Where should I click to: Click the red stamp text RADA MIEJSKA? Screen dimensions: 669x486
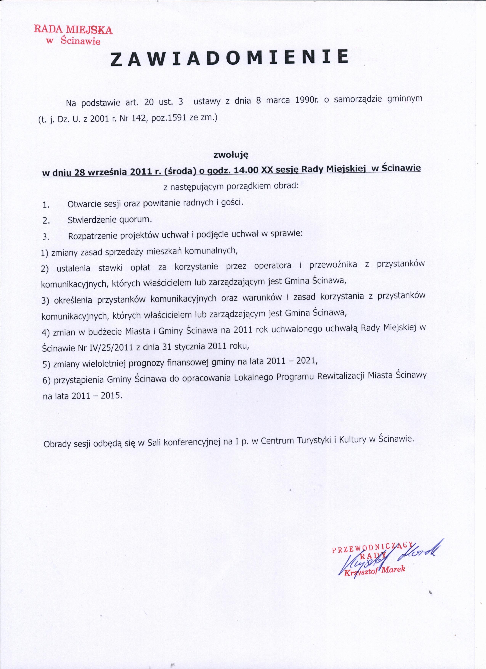(73, 30)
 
